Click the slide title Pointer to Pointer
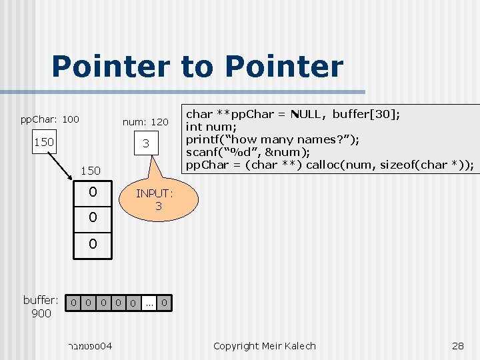197,67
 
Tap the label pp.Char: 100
49,120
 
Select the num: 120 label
145,123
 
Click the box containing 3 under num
145,144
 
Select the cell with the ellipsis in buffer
149,303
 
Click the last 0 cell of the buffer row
164,303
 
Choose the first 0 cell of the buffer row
74,303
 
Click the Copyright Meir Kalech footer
264,345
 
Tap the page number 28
457,345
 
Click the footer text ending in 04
89,346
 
